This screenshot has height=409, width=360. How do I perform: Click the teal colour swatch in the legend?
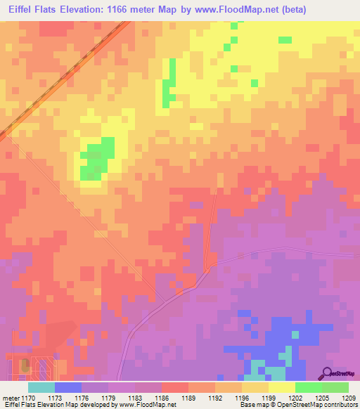tap(41, 387)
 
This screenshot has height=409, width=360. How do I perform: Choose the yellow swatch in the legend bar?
tap(282, 387)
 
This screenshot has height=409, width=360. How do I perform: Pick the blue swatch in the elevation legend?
tap(68, 387)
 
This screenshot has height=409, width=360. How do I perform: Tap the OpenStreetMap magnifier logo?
tap(328, 372)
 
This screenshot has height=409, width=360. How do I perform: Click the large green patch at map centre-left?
tap(96, 159)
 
